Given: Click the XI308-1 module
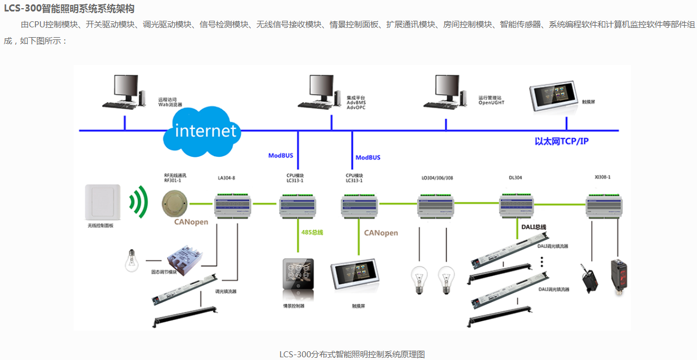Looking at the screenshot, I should (x=604, y=205).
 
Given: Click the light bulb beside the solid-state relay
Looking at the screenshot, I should (x=132, y=261).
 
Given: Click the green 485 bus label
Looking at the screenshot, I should (x=312, y=232).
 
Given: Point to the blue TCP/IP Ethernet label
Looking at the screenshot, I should (x=562, y=141).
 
